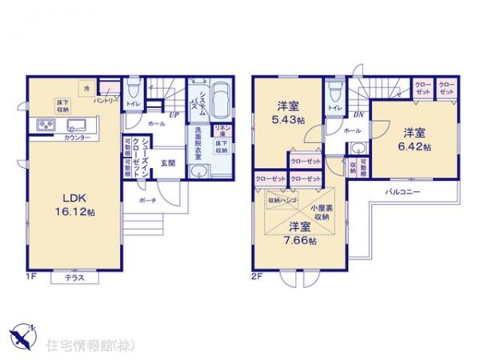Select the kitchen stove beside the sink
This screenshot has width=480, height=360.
pyautogui.click(x=46, y=126)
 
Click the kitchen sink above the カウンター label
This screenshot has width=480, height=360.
pyautogui.click(x=78, y=126)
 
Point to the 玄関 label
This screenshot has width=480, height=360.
pyautogui.click(x=168, y=162)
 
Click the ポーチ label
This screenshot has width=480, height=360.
pyautogui.click(x=147, y=200)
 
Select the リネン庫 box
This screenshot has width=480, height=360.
pyautogui.click(x=222, y=130)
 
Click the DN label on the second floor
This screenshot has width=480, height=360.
pyautogui.click(x=358, y=114)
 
